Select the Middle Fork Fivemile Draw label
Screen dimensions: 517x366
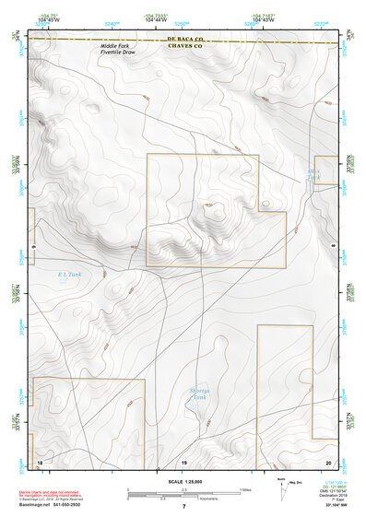[x=119, y=53]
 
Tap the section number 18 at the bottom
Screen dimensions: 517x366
[x=40, y=461]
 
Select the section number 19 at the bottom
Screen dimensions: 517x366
[x=183, y=461]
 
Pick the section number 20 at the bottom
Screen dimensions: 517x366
[x=328, y=461]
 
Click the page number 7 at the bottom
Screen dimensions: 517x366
[x=183, y=506]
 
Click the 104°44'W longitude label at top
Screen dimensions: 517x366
[x=154, y=18]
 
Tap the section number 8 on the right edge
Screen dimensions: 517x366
[x=331, y=247]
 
